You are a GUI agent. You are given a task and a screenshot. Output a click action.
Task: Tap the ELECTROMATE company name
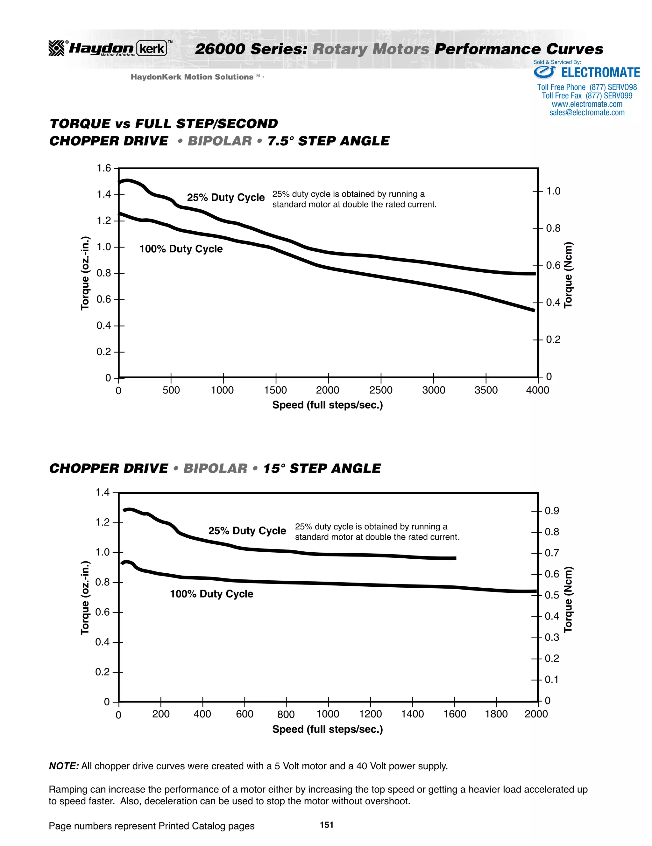tap(600, 73)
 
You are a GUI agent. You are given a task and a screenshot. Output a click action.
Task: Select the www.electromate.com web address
tap(587, 104)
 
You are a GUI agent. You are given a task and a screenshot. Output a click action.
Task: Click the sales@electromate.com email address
tap(587, 113)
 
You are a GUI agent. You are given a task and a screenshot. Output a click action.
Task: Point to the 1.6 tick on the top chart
tap(103, 168)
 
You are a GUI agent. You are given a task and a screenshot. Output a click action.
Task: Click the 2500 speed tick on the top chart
tap(381, 390)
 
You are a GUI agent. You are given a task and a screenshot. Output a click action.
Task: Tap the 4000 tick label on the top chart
tap(537, 390)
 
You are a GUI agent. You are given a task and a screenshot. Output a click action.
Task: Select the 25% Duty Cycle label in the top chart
tap(226, 197)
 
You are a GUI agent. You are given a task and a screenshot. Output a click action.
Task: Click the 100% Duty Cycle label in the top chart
tap(181, 249)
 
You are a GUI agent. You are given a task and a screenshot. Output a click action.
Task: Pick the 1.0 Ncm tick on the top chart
tap(553, 191)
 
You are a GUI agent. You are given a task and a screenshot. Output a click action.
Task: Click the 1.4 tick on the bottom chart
tap(103, 492)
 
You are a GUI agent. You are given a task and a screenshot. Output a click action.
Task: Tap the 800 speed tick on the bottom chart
tap(286, 714)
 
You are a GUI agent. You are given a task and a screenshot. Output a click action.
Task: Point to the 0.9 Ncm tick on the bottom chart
tap(552, 511)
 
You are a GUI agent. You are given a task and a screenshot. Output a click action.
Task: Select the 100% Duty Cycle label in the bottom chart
tap(212, 594)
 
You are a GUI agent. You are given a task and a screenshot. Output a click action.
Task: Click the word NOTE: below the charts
tap(64, 766)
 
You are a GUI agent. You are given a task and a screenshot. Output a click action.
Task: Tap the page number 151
tap(326, 825)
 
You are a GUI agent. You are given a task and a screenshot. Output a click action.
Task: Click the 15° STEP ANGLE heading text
tap(322, 468)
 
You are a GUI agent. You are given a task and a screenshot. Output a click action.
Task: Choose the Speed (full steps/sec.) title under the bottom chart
tap(328, 730)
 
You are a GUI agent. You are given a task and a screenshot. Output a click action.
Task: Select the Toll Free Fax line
tap(587, 96)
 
